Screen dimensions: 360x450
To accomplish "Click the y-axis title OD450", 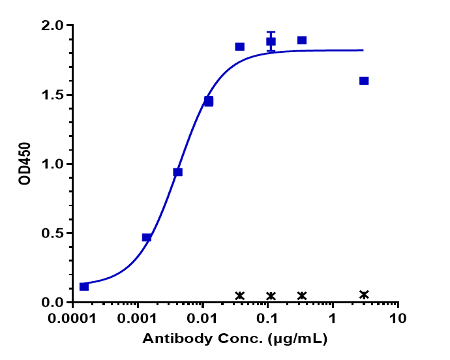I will (25, 164).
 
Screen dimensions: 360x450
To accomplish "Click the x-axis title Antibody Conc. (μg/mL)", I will (235, 339).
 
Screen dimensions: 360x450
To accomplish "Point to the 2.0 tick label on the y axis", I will (53, 26).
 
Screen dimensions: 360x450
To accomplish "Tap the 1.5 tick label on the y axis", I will (53, 95).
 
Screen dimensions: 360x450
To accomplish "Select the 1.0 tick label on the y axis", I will (53, 164).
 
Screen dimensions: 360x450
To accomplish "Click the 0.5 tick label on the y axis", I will (53, 233).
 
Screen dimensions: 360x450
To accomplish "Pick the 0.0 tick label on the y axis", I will (53, 303).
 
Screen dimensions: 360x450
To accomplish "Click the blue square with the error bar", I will (271, 42).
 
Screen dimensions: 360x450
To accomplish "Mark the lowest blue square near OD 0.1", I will (84, 286).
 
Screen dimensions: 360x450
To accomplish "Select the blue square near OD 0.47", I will (147, 237).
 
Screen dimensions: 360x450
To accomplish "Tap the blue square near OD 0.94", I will (177, 172).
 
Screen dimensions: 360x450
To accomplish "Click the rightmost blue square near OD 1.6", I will (364, 81).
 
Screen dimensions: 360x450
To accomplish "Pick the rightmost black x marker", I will (364, 295).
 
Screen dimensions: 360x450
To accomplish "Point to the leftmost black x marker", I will (240, 296).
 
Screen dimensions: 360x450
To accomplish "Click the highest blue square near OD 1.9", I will (302, 40).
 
